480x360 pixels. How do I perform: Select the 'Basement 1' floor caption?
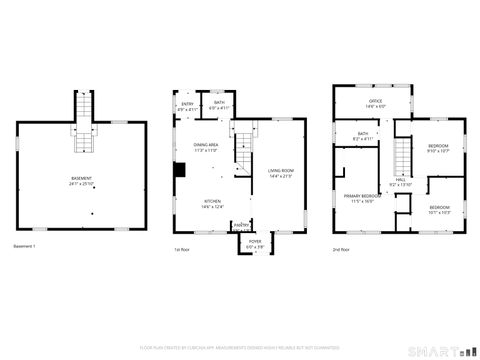coord(24,246)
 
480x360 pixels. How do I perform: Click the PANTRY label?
coord(241,226)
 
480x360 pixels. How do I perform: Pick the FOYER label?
coord(255,243)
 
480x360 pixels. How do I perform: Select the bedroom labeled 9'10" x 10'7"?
coord(439,149)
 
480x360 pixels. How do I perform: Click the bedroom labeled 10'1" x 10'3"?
coord(439,211)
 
